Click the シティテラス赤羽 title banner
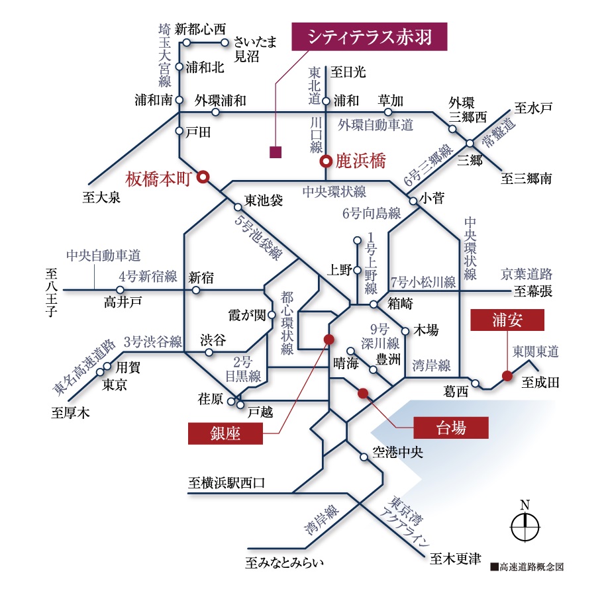pyautogui.click(x=370, y=36)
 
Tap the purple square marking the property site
pyautogui.click(x=276, y=152)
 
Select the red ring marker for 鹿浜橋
pyautogui.click(x=325, y=161)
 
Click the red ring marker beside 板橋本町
pyautogui.click(x=204, y=176)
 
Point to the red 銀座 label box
pyautogui.click(x=225, y=433)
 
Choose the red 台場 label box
pyautogui.click(x=451, y=428)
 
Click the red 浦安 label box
pyautogui.click(x=507, y=320)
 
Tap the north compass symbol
pyautogui.click(x=525, y=526)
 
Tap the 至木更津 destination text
pyautogui.click(x=454, y=559)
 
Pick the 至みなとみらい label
pyautogui.click(x=285, y=564)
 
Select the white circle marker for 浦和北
pyautogui.click(x=179, y=67)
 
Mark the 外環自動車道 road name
pyautogui.click(x=376, y=124)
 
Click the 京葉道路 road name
pyautogui.click(x=527, y=273)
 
